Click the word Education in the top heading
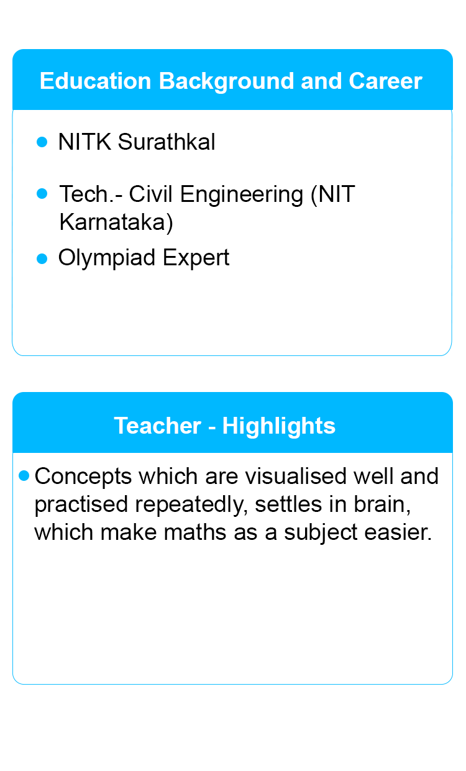click(x=95, y=81)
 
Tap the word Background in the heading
click(x=226, y=82)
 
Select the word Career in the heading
click(x=385, y=81)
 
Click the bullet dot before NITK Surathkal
click(x=42, y=142)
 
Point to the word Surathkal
click(x=167, y=142)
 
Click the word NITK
click(x=85, y=142)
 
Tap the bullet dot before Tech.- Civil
click(x=42, y=193)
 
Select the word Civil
click(x=150, y=194)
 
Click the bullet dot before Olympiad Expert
click(x=42, y=258)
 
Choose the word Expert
click(x=196, y=258)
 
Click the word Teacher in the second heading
click(x=157, y=426)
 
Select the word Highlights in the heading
click(x=279, y=426)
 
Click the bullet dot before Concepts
click(x=24, y=476)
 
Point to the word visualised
click(x=296, y=476)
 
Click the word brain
click(x=382, y=504)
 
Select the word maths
click(x=195, y=532)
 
